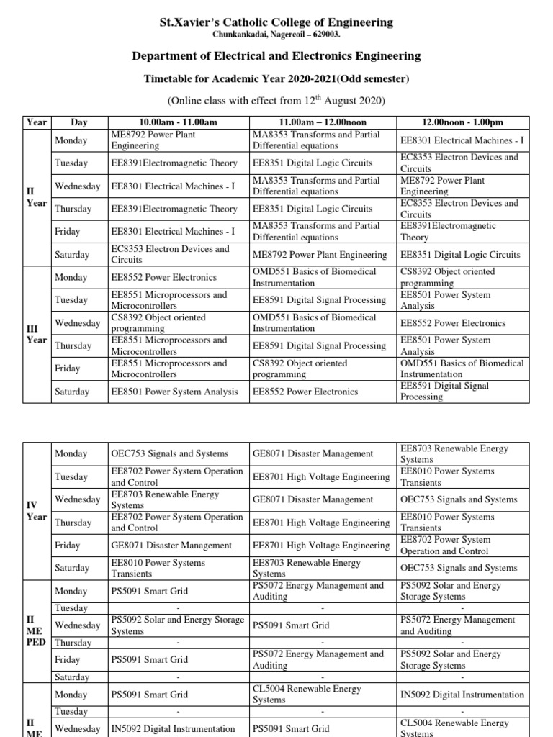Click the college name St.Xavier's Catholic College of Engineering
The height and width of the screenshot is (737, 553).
276,22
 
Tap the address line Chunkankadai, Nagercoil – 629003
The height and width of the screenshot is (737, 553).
276,35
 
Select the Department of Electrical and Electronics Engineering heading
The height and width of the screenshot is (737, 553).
276,56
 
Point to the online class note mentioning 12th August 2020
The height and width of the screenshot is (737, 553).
276,100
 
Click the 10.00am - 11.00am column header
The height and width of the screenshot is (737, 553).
177,122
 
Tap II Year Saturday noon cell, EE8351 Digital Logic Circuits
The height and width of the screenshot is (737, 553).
459,254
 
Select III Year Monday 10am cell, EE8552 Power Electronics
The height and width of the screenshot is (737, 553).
163,277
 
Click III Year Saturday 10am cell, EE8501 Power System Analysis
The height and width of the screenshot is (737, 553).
174,392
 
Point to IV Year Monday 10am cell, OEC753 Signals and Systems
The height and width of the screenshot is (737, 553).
169,453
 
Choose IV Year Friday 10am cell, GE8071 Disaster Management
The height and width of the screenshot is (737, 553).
171,546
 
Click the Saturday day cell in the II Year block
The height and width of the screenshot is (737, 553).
73,254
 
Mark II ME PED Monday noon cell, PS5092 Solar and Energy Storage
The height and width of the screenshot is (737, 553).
450,591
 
